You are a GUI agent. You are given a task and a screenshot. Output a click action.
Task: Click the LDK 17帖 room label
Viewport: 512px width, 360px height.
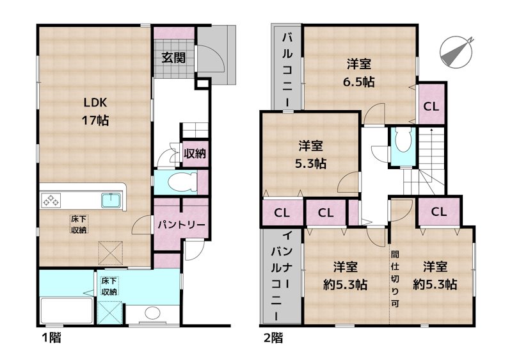coord(95,111)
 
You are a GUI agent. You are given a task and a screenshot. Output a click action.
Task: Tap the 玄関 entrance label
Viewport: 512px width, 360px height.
coord(173,58)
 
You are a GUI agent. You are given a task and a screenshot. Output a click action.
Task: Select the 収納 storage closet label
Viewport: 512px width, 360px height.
coord(195,153)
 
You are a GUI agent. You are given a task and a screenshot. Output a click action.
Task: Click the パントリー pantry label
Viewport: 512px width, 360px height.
coord(182,225)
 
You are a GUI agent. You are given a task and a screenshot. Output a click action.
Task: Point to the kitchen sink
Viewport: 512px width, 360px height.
coord(111,200)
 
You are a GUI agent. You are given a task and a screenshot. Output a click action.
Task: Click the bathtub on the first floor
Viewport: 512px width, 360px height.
coord(67,310)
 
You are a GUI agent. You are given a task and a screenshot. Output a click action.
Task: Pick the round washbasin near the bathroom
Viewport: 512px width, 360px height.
coord(152,313)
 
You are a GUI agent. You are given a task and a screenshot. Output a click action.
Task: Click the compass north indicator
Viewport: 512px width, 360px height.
coord(456,53)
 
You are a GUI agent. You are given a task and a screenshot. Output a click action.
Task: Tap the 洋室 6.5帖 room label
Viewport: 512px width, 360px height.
coord(358,72)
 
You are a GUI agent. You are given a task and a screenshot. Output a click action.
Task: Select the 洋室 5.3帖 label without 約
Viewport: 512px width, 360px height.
coord(310,154)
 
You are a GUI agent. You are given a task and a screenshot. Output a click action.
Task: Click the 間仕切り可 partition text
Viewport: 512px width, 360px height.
coord(395,279)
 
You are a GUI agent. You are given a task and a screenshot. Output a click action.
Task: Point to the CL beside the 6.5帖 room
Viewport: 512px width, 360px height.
coord(431,106)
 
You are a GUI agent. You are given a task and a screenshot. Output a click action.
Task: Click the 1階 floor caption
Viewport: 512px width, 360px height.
coord(52,338)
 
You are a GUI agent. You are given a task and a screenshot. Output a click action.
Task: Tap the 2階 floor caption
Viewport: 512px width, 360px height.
coord(273,338)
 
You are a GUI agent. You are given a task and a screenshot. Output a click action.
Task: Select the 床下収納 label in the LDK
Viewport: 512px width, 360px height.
coord(79,224)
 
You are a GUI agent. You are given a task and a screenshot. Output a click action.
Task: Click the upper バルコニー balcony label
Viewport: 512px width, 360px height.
coord(287,70)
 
